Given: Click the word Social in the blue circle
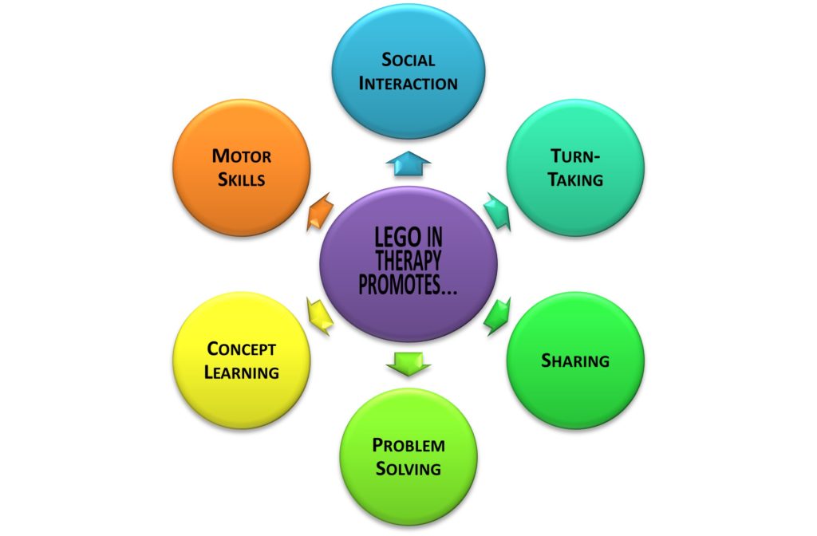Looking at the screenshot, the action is (408, 60).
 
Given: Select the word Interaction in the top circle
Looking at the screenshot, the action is (408, 83).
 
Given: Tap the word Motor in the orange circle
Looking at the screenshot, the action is (241, 156).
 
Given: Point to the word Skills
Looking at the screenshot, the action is (241, 179).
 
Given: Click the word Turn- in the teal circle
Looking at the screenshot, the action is (575, 156).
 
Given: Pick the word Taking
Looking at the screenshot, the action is (575, 179).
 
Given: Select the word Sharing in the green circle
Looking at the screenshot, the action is (575, 361).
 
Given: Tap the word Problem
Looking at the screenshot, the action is (408, 445).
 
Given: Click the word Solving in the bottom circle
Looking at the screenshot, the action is (408, 469).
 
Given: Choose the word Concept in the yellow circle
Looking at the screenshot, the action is (241, 349).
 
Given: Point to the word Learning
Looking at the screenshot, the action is (241, 372).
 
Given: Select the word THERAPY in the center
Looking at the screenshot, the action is (408, 261).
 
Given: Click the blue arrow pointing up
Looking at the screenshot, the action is (408, 164).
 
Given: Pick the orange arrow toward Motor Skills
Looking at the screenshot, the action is (320, 211).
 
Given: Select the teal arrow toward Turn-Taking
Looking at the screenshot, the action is (497, 211).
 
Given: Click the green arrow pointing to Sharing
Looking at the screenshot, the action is (497, 316).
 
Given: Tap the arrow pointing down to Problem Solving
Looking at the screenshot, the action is (408, 364).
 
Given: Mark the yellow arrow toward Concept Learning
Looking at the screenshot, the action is (320, 316).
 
